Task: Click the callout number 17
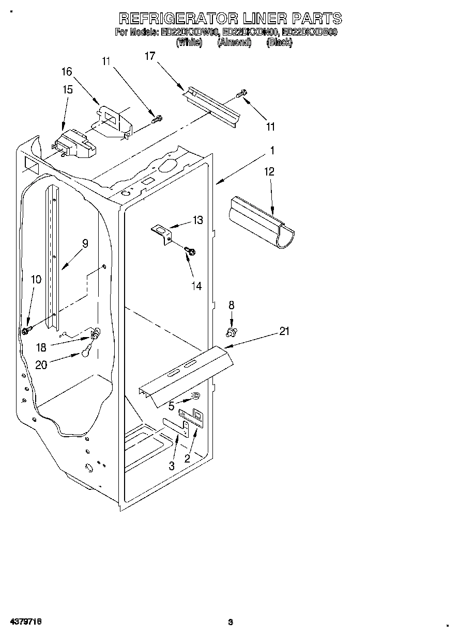click(149, 56)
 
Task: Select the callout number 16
click(67, 71)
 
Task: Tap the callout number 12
click(270, 171)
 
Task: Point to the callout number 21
click(284, 331)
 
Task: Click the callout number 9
click(85, 243)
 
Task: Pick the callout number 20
click(41, 364)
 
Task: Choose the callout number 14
click(196, 285)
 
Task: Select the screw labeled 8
click(232, 330)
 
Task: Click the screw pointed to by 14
click(190, 251)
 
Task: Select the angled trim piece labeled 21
click(183, 373)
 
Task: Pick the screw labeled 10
click(26, 329)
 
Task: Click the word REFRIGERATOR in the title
click(178, 19)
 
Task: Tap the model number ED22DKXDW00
click(190, 33)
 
